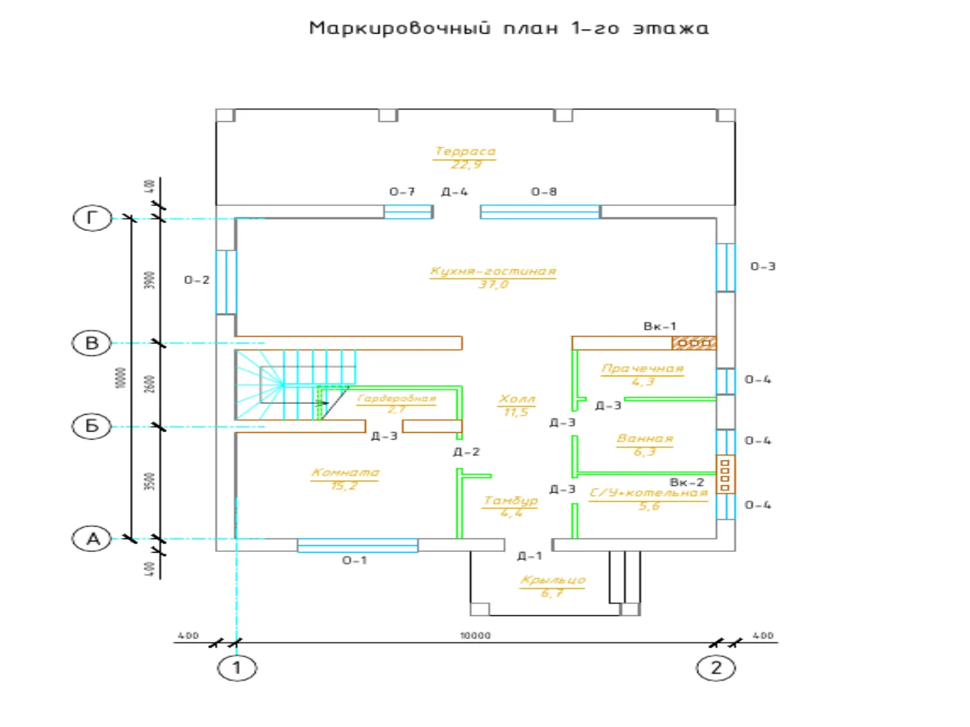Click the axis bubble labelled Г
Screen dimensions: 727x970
coord(92,218)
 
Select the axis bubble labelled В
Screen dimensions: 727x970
coord(92,343)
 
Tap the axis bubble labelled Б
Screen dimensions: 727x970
coord(92,426)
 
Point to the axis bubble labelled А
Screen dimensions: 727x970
coord(92,539)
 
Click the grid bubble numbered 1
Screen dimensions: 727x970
coord(236,668)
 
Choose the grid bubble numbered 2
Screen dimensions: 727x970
coord(716,668)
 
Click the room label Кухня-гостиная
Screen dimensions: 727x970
coord(493,271)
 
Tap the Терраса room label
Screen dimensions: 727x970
coord(465,151)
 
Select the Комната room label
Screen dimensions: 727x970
coord(345,473)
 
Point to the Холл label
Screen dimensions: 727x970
coord(517,399)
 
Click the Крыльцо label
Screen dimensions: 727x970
coord(552,580)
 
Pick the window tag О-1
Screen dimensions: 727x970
coord(354,560)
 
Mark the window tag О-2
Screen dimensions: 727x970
coord(197,280)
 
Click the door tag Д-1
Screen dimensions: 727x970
coord(529,556)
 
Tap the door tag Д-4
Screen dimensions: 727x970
coord(454,192)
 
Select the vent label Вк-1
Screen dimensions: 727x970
coord(659,326)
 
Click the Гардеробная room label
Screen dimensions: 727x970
coord(397,399)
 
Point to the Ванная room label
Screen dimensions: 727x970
coord(645,439)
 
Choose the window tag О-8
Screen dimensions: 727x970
coord(544,192)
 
